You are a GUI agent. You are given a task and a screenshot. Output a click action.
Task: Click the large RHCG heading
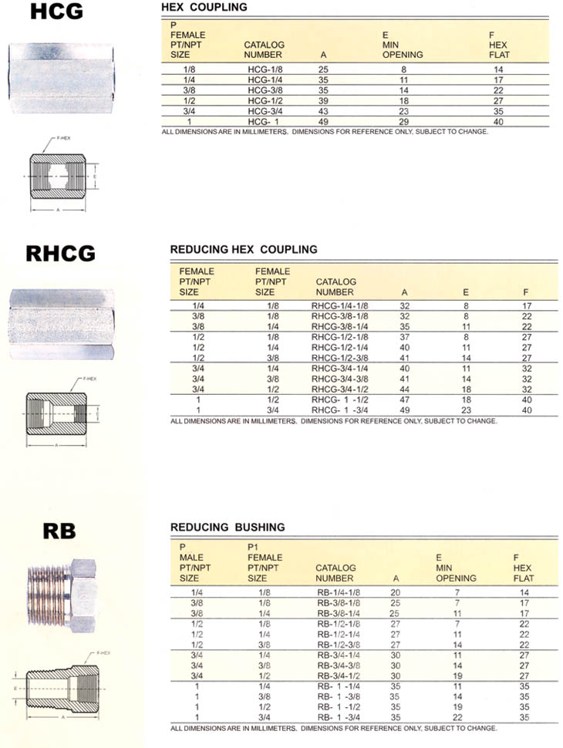pyautogui.click(x=60, y=253)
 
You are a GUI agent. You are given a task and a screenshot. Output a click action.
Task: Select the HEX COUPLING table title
pyautogui.click(x=204, y=7)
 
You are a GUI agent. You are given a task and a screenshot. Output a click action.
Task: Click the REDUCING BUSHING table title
pyautogui.click(x=228, y=527)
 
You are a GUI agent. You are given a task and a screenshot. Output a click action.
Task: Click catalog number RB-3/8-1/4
pyautogui.click(x=339, y=612)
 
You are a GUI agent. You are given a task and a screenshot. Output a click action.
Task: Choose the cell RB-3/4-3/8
pyautogui.click(x=339, y=665)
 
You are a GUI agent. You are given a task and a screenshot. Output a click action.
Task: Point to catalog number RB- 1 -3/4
pyautogui.click(x=339, y=717)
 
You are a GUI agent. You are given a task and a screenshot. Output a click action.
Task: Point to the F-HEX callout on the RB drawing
pyautogui.click(x=103, y=652)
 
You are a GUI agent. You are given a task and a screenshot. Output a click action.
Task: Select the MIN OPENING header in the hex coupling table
pyautogui.click(x=403, y=49)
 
